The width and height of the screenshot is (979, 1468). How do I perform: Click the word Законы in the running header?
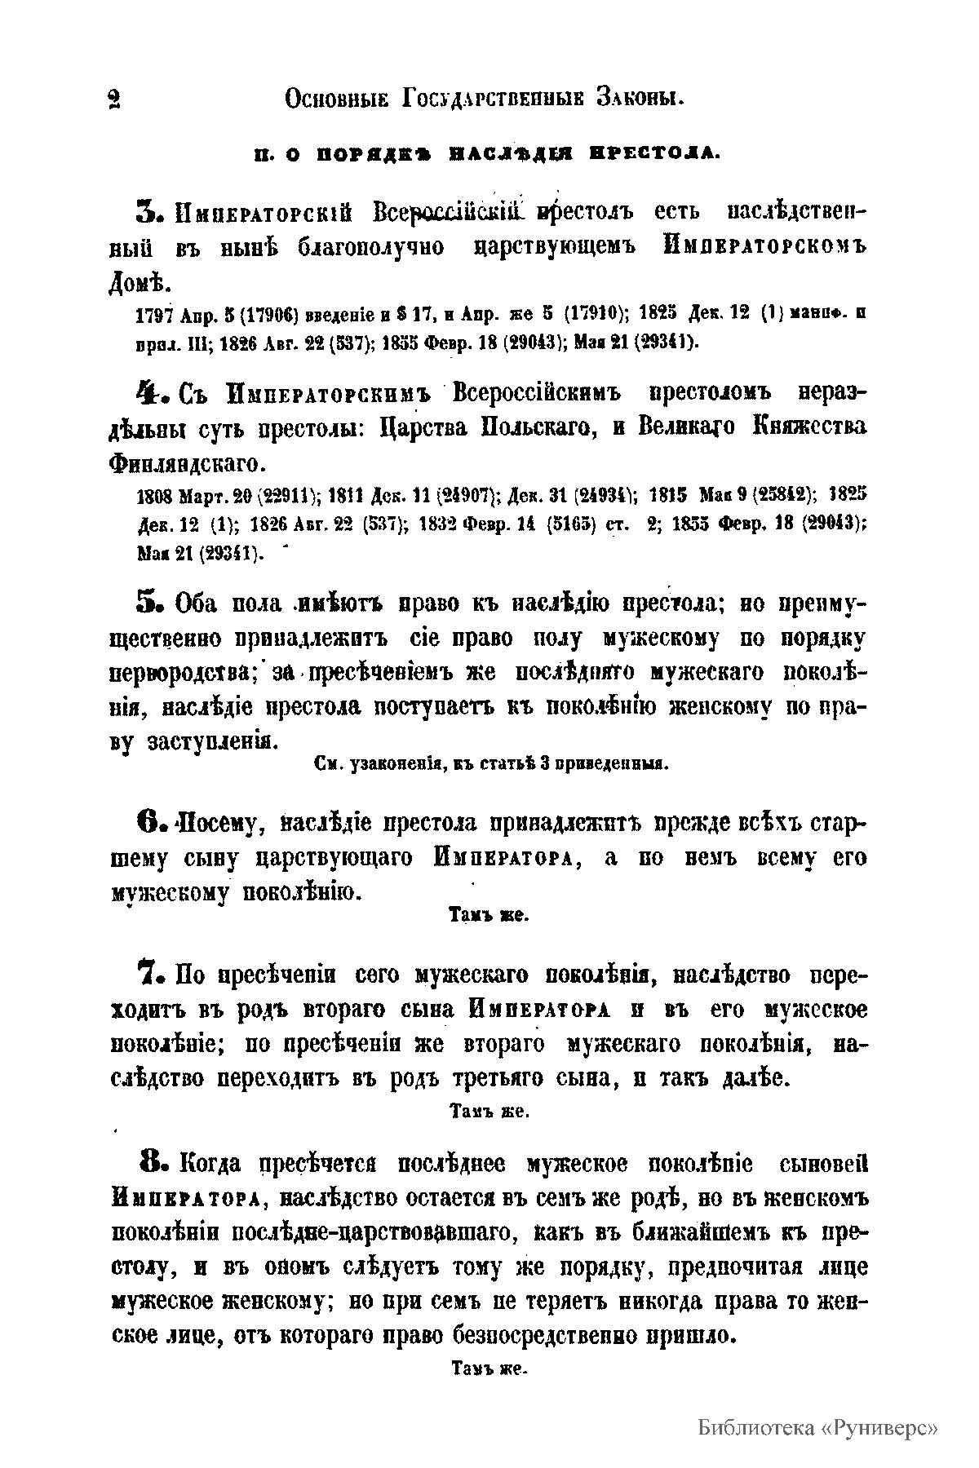tap(639, 99)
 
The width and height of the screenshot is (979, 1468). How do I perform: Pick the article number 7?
tap(153, 975)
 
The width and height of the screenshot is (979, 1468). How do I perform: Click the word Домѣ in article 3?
tap(139, 284)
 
